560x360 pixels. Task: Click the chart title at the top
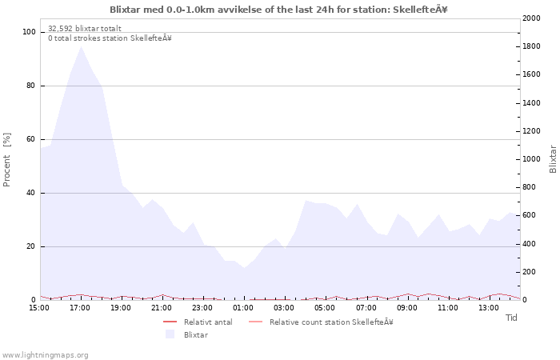[x=278, y=10]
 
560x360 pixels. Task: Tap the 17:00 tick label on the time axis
[x=80, y=308]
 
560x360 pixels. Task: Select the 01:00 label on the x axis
[x=243, y=308]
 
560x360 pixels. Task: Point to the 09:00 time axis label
[x=406, y=308]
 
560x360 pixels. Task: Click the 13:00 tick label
[x=489, y=308]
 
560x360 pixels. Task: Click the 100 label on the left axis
[x=29, y=32]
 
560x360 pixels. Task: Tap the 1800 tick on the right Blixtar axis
[x=531, y=46]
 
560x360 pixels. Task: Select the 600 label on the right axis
[x=530, y=215]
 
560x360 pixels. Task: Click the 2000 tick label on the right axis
[x=531, y=18]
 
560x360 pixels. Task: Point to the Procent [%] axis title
[x=6, y=160]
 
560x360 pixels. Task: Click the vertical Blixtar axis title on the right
[x=553, y=159]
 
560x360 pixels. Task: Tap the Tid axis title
[x=511, y=318]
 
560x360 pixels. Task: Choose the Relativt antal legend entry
[x=198, y=322]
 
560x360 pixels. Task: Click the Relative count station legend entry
[x=321, y=322]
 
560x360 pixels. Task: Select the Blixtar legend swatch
[x=170, y=334]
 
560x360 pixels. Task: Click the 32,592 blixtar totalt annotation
[x=85, y=29]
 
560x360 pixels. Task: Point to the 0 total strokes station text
[x=110, y=38]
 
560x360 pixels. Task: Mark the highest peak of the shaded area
[x=81, y=46]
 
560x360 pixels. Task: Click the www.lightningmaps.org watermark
[x=44, y=355]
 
